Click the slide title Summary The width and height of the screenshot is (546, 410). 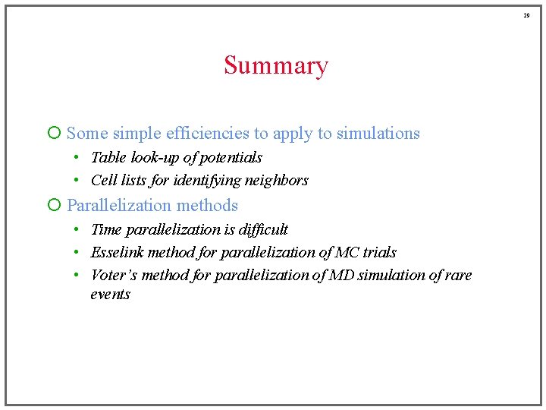click(275, 66)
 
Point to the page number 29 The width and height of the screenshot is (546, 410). click(526, 14)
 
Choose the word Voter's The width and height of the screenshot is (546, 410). click(114, 275)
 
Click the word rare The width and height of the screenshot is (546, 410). click(458, 275)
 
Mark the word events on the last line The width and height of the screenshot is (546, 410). click(110, 295)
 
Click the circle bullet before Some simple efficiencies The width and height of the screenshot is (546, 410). click(53, 134)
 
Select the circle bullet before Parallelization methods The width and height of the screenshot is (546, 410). click(53, 206)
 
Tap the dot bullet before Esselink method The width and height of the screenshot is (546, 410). click(77, 252)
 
